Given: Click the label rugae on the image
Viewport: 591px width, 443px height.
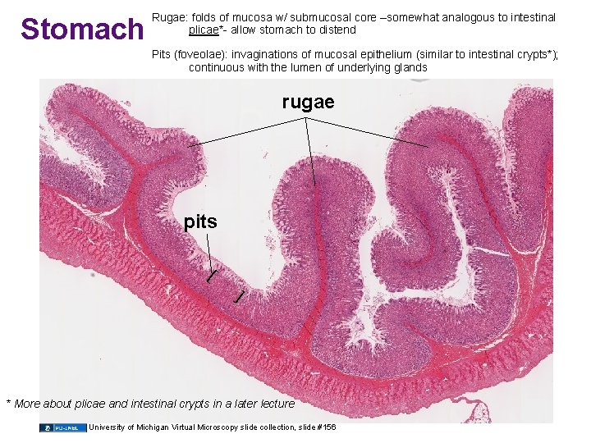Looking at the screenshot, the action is [308, 102].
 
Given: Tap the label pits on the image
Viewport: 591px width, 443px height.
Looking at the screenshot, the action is [201, 221].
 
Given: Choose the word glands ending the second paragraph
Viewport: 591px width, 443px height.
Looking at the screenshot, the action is [410, 68].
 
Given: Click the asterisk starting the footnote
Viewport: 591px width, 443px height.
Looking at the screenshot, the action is [9, 403].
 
